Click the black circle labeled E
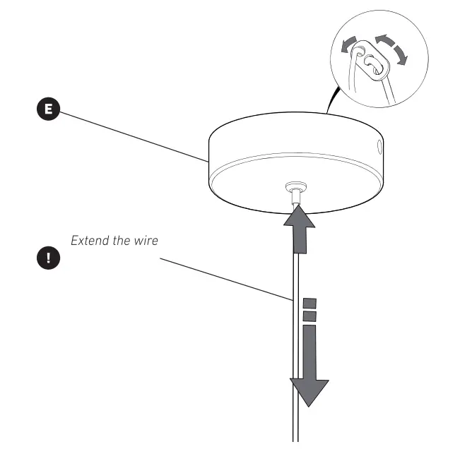(x=48, y=109)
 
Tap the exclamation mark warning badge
(x=48, y=258)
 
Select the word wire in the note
(x=146, y=241)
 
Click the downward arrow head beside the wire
(x=309, y=393)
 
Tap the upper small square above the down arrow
(x=309, y=304)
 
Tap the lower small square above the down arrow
(x=309, y=316)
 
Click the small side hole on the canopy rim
(x=379, y=146)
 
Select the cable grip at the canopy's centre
(x=296, y=192)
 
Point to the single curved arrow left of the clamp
(x=348, y=44)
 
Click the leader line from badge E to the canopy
(x=134, y=137)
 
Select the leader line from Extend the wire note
(x=226, y=280)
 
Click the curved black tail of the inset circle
(x=332, y=100)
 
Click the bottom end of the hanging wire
(x=296, y=441)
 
